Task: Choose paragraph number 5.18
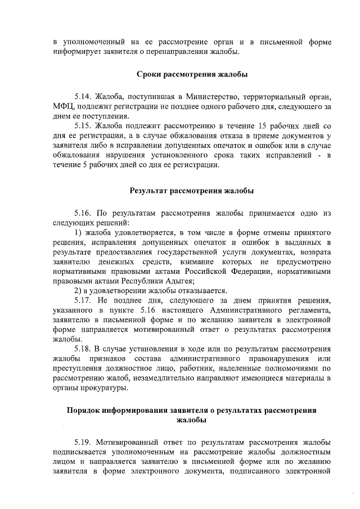click(83, 349)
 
